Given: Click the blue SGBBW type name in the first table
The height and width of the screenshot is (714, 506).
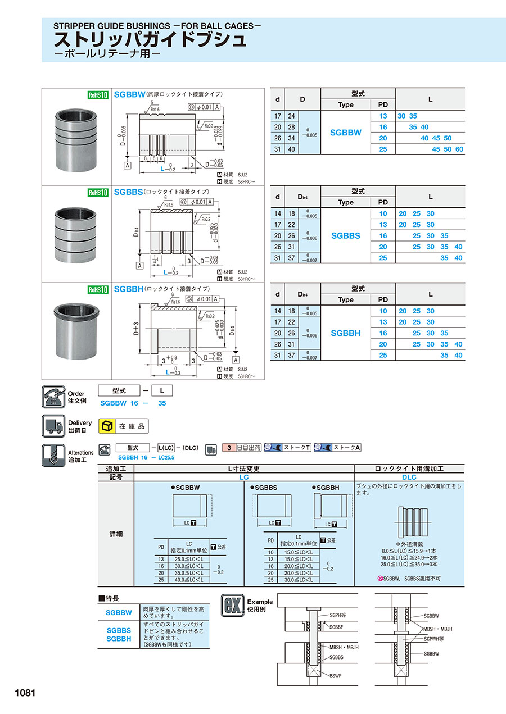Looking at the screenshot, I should tap(346, 133).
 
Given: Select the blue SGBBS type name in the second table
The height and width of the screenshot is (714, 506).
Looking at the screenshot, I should tap(346, 236).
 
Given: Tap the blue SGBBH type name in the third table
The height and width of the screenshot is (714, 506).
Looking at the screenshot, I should tap(346, 333).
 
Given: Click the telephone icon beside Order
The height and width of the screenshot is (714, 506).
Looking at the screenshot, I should tap(53, 397).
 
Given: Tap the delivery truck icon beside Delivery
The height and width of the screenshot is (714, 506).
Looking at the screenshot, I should tap(53, 426).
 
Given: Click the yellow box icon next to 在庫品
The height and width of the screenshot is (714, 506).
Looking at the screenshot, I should tap(107, 426).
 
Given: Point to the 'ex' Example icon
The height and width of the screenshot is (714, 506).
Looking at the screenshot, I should tap(232, 605).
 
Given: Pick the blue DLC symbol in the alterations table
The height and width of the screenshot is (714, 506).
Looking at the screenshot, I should tap(409, 477).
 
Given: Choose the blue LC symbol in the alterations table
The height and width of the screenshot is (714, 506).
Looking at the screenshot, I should tap(244, 477).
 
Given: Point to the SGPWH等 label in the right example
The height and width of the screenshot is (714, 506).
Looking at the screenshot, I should tap(433, 639).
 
